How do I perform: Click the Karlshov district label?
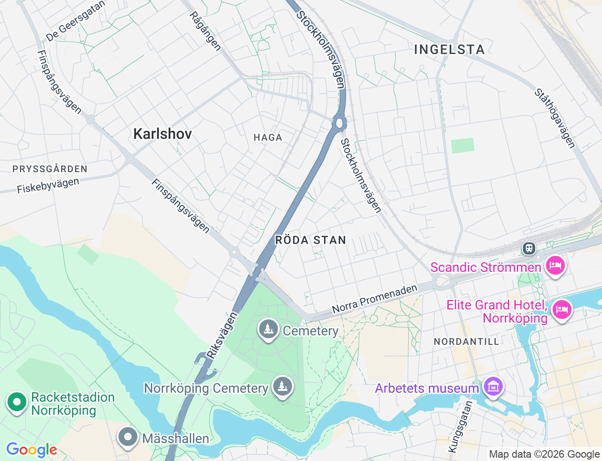(x=162, y=134)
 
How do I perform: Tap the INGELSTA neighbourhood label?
(x=449, y=49)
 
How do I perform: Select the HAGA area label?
(x=268, y=137)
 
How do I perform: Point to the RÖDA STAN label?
(x=310, y=240)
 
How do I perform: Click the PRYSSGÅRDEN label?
(x=50, y=169)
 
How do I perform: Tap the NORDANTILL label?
(x=466, y=342)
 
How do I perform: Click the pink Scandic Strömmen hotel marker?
(x=555, y=266)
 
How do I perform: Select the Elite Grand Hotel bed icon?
(x=562, y=310)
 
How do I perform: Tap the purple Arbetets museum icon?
(x=493, y=387)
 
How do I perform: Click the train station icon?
(x=529, y=248)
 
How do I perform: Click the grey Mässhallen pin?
(x=127, y=437)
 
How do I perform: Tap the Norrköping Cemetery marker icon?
(x=282, y=387)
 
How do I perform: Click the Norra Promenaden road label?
(x=374, y=300)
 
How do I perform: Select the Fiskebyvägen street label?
(x=48, y=186)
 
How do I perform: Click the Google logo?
(x=32, y=450)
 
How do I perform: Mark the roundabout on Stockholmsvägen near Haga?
(x=339, y=124)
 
